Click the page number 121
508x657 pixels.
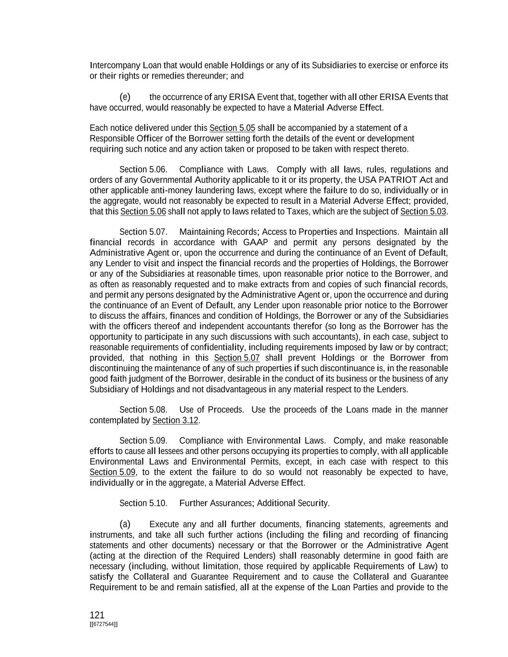point(97,615)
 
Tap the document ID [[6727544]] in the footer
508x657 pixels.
point(104,624)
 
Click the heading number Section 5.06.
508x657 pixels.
point(143,169)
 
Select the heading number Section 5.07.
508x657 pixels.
point(143,232)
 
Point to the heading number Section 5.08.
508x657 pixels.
point(143,410)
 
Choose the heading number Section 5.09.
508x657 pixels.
point(143,441)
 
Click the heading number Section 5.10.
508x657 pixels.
point(143,503)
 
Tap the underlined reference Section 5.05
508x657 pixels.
point(232,128)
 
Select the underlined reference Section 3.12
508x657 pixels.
point(175,420)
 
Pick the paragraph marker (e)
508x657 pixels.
point(125,97)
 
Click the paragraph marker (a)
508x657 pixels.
point(125,524)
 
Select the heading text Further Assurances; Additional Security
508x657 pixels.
point(254,503)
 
